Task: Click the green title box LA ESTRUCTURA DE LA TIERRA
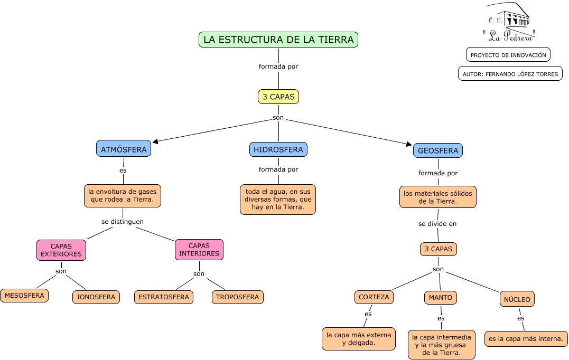pyautogui.click(x=278, y=40)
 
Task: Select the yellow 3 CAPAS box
pyautogui.click(x=278, y=97)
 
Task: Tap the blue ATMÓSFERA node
pyautogui.click(x=124, y=149)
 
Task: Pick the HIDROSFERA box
pyautogui.click(x=278, y=149)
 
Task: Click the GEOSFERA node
pyautogui.click(x=437, y=150)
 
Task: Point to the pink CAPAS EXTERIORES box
pyautogui.click(x=61, y=250)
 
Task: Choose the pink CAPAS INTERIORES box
pyautogui.click(x=199, y=250)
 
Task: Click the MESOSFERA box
pyautogui.click(x=24, y=296)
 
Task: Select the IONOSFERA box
pyautogui.click(x=96, y=297)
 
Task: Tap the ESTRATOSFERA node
pyautogui.click(x=164, y=297)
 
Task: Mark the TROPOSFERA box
pyautogui.click(x=237, y=297)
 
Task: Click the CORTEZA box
pyautogui.click(x=374, y=297)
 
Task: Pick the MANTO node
pyautogui.click(x=441, y=298)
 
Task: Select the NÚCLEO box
pyautogui.click(x=517, y=299)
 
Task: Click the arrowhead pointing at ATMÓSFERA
pyautogui.click(x=155, y=141)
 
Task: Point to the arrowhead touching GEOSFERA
pyautogui.click(x=408, y=144)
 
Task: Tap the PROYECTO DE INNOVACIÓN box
pyautogui.click(x=508, y=55)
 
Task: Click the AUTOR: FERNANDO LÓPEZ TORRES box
pyautogui.click(x=510, y=73)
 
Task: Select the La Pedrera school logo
pyautogui.click(x=509, y=22)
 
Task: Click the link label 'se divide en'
pyautogui.click(x=437, y=224)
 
